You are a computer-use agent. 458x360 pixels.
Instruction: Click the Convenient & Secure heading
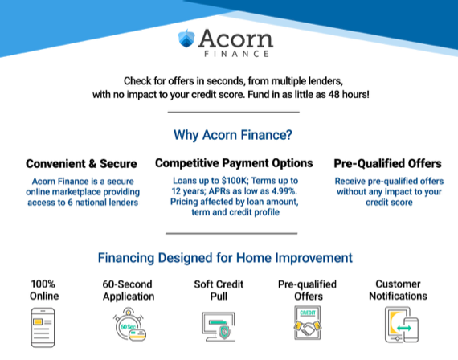click(81, 164)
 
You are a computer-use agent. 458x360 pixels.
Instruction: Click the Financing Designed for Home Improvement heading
click(225, 259)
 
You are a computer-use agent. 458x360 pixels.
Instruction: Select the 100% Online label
click(44, 290)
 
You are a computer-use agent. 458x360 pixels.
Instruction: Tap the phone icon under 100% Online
click(44, 328)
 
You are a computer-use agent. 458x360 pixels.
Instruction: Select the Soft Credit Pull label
click(218, 290)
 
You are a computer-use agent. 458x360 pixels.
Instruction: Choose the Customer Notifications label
click(398, 290)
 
